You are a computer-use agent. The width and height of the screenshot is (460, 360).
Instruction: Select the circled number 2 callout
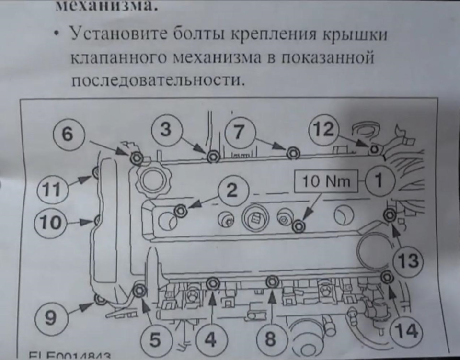(x=231, y=191)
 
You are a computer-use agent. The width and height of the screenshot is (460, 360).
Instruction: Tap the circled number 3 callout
(x=165, y=130)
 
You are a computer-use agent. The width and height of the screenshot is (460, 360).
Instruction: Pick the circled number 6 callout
(x=68, y=135)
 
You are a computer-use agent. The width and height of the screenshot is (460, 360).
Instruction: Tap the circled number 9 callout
(x=50, y=318)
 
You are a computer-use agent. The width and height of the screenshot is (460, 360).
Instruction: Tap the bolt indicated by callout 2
(x=181, y=210)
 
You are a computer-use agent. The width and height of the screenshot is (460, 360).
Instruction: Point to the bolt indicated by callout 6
(x=136, y=157)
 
